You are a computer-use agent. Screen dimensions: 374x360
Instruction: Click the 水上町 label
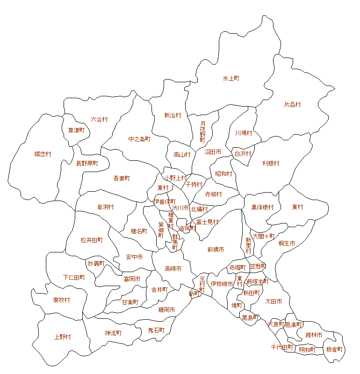pos(231,79)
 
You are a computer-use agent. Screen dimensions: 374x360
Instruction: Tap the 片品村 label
pos(292,105)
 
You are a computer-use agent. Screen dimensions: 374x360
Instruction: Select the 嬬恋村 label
pos(43,154)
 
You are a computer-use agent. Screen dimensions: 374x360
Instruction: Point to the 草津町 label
pos(76,130)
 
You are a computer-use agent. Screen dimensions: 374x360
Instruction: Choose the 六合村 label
pos(99,120)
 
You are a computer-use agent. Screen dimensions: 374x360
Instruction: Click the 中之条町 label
pos(139,139)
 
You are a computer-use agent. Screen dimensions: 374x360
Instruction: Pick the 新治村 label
pos(173,115)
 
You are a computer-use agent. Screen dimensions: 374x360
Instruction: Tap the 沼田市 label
pos(213,152)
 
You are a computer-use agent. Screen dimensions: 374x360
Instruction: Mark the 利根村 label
pos(271,163)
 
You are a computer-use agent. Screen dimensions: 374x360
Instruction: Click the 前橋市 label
pos(216,250)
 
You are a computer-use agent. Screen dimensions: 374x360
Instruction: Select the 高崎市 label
pos(173,269)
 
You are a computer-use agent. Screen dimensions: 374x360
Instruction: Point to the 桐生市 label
pos(287,244)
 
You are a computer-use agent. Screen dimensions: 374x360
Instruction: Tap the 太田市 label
pos(274,302)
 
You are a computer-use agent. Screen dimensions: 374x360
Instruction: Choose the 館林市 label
pos(314,335)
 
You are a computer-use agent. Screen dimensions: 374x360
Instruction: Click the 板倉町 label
pos(334,349)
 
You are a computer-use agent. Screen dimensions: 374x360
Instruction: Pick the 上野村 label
pos(62,337)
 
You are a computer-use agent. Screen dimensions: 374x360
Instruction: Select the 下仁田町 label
pos(74,277)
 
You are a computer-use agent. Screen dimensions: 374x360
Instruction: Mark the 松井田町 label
pos(92,240)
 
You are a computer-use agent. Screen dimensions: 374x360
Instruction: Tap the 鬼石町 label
pos(156,330)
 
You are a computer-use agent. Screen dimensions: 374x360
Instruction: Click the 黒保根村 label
pos(262,207)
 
